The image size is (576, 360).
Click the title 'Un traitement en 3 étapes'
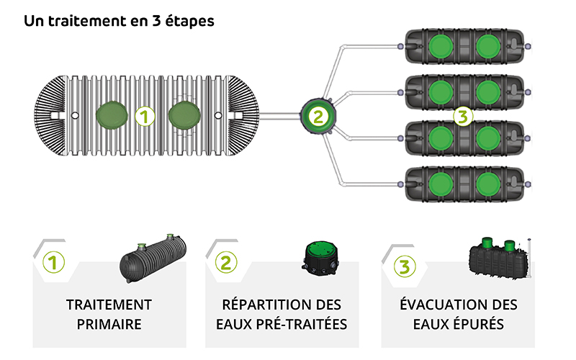coord(119,21)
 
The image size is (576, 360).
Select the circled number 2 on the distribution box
coord(318,115)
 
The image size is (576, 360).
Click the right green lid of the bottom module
coord(487,183)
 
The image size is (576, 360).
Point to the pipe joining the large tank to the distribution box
coord(280,116)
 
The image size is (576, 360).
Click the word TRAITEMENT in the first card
coord(109,305)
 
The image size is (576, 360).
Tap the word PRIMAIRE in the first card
coord(109,324)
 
